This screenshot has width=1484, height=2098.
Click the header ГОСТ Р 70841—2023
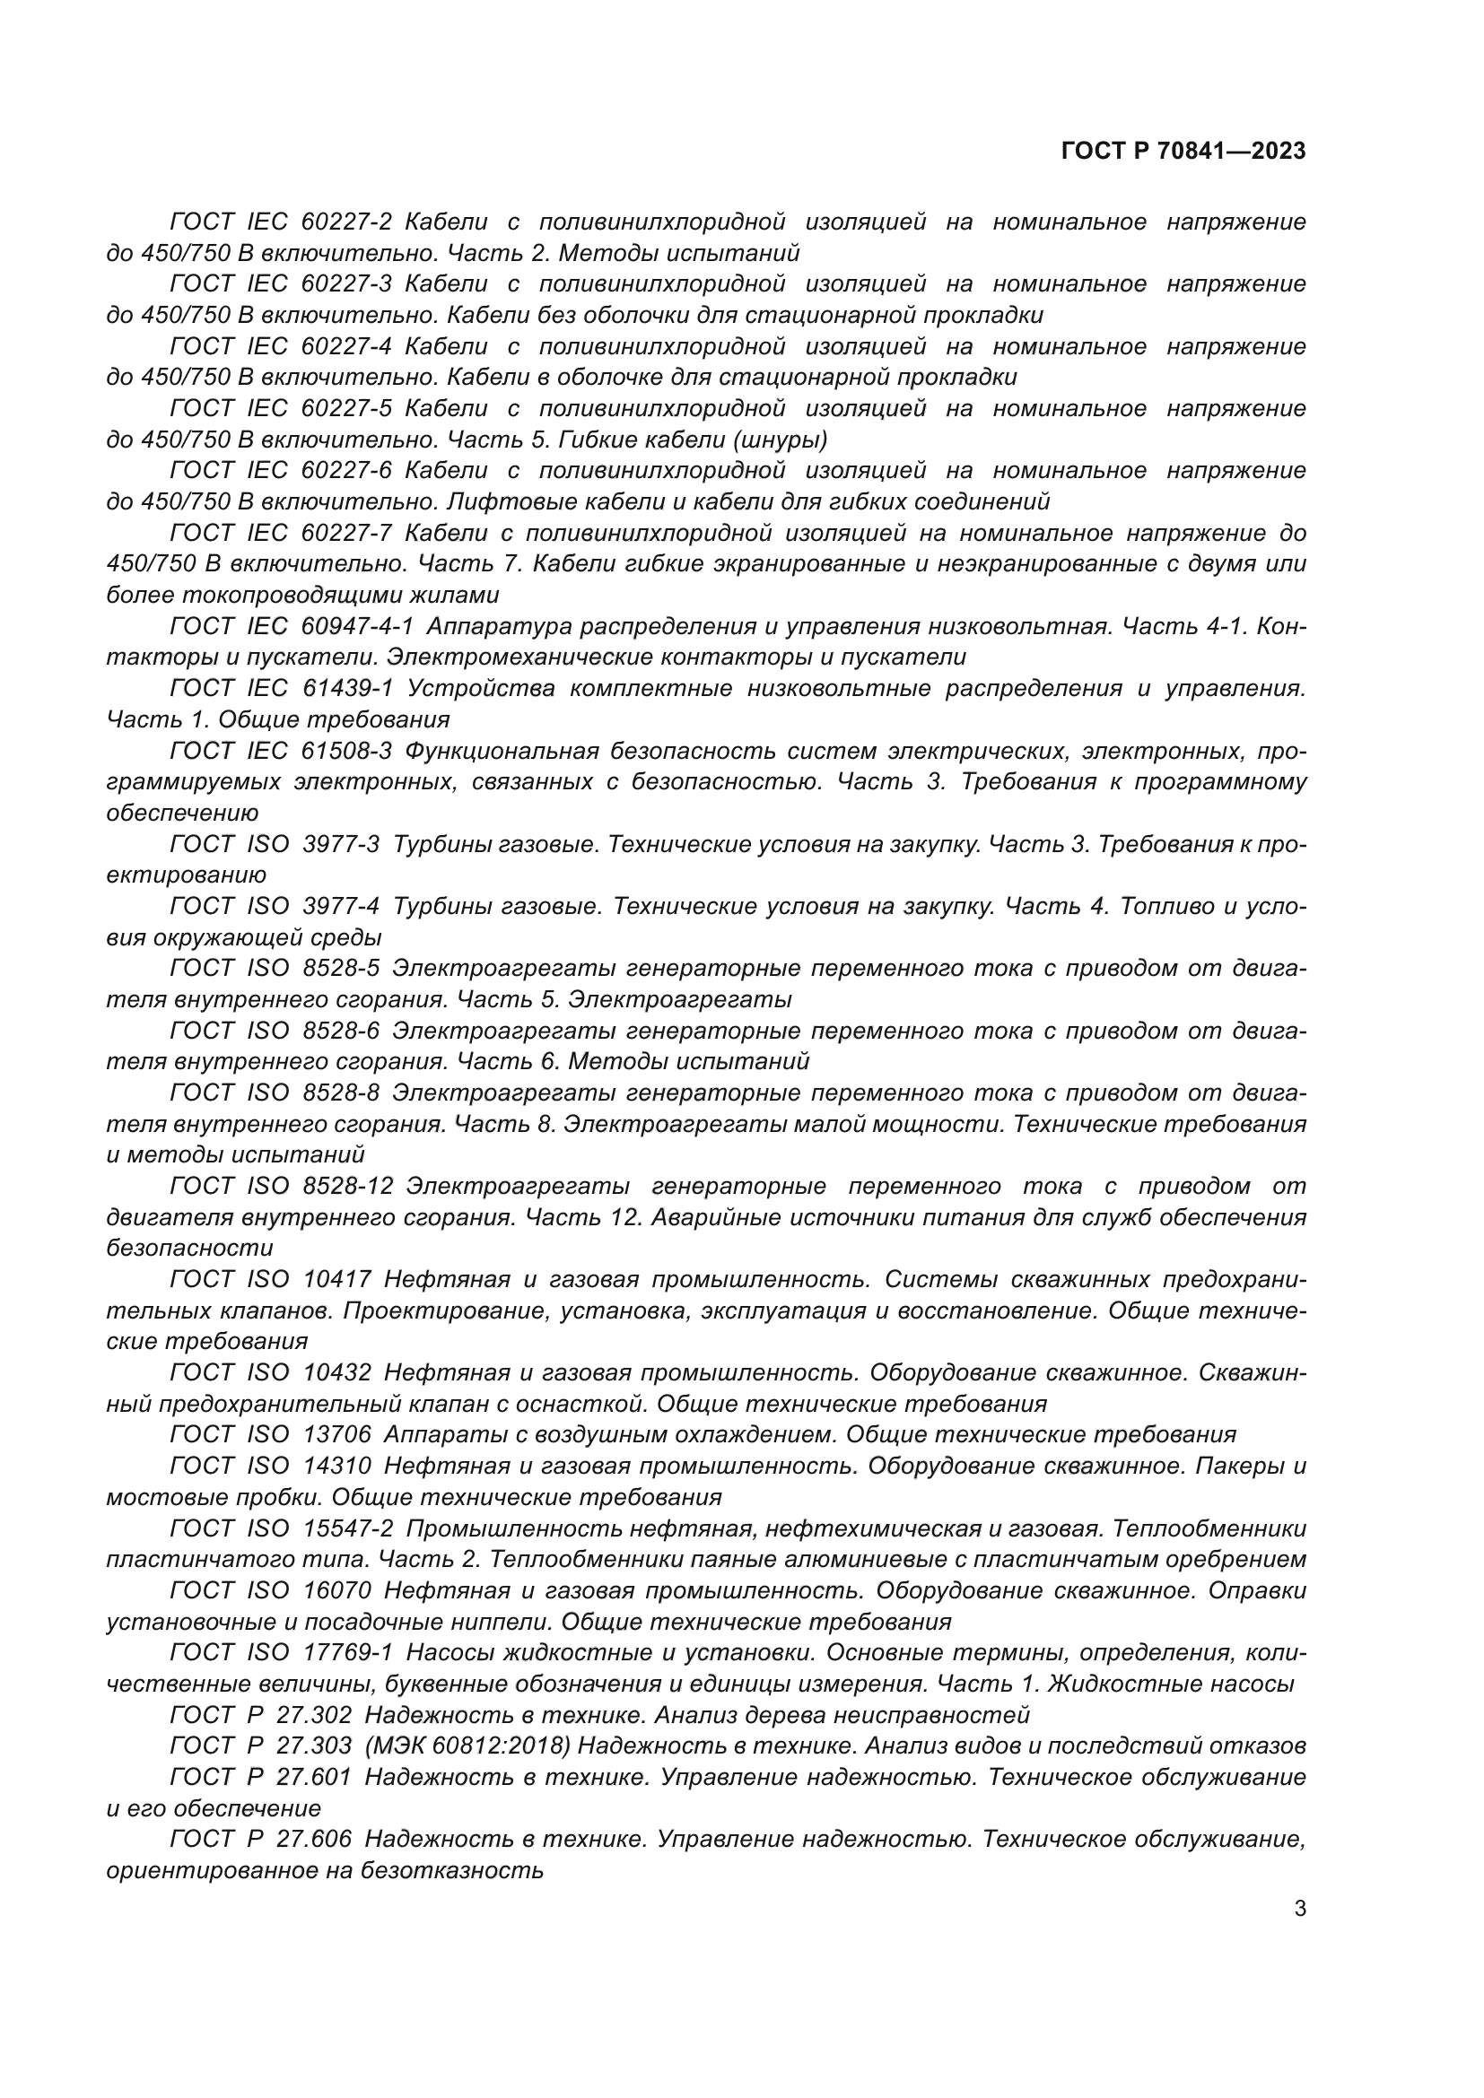coord(1183,152)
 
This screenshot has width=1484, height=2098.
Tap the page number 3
coord(1300,1909)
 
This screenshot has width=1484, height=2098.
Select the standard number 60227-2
coord(346,222)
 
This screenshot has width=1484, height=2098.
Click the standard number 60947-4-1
coord(357,627)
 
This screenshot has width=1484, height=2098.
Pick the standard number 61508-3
coord(346,751)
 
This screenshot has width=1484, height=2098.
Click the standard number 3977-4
coord(341,907)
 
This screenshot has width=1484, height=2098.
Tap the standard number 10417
coord(337,1279)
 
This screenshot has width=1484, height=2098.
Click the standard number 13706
coord(337,1434)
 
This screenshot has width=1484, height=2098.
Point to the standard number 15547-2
coord(347,1528)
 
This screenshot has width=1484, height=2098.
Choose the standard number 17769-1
coord(347,1652)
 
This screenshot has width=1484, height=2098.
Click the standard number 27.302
coord(313,1714)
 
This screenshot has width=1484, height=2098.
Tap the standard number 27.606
coord(313,1839)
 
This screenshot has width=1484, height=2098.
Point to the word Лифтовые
coord(497,501)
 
